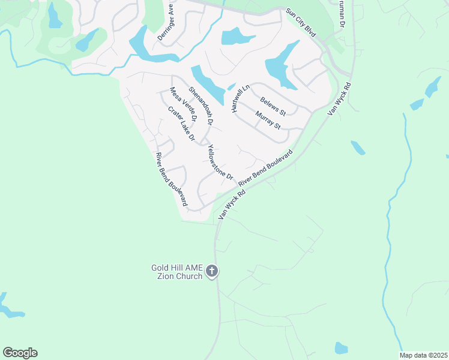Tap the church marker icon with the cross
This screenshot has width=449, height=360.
point(211,272)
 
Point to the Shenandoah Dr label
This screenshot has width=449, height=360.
point(201,106)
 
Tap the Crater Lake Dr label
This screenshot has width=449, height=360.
point(182,124)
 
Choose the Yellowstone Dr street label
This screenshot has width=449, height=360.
point(219,162)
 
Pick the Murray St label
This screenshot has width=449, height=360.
point(268,120)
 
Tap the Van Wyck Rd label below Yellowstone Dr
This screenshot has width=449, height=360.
point(232,204)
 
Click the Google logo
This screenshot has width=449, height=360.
point(20,353)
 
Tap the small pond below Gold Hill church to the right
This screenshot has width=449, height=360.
point(341,347)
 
